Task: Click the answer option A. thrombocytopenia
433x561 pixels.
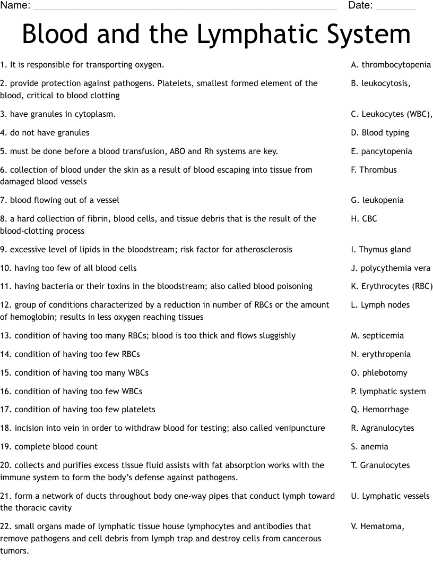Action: [391, 65]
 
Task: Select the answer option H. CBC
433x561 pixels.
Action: [363, 219]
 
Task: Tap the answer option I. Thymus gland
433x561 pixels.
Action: [380, 250]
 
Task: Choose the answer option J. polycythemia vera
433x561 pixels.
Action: [391, 268]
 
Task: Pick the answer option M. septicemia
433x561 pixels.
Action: [377, 336]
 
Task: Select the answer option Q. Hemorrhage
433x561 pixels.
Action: [379, 410]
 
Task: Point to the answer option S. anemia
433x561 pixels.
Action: [369, 447]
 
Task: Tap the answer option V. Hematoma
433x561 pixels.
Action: [377, 526]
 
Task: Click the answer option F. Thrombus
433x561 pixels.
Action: [374, 170]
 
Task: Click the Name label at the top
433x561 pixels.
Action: [15, 6]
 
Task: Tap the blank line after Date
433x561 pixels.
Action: [395, 7]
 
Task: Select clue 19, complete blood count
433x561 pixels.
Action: [49, 447]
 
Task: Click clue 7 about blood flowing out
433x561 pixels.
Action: [59, 200]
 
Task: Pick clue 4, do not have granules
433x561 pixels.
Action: [45, 133]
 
